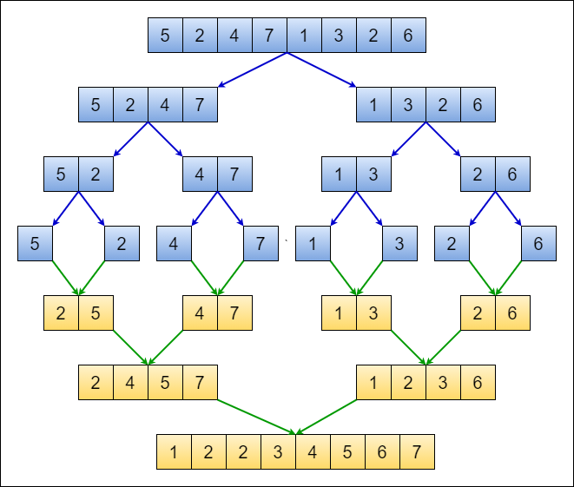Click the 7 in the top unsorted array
[269, 36]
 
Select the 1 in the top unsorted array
[304, 36]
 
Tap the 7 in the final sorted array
[417, 452]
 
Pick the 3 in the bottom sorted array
[278, 452]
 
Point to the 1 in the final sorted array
[174, 452]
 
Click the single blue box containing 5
[35, 244]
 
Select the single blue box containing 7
[261, 244]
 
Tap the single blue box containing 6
[538, 244]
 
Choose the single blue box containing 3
[399, 244]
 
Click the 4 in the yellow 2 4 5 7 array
[130, 383]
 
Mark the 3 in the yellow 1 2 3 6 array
[443, 383]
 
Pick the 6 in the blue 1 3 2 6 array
[478, 105]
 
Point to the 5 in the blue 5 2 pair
[61, 174]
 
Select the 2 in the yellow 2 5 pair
[61, 313]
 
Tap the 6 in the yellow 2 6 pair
[512, 313]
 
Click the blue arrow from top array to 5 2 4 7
[252, 70]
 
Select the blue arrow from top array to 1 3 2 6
[321, 70]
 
